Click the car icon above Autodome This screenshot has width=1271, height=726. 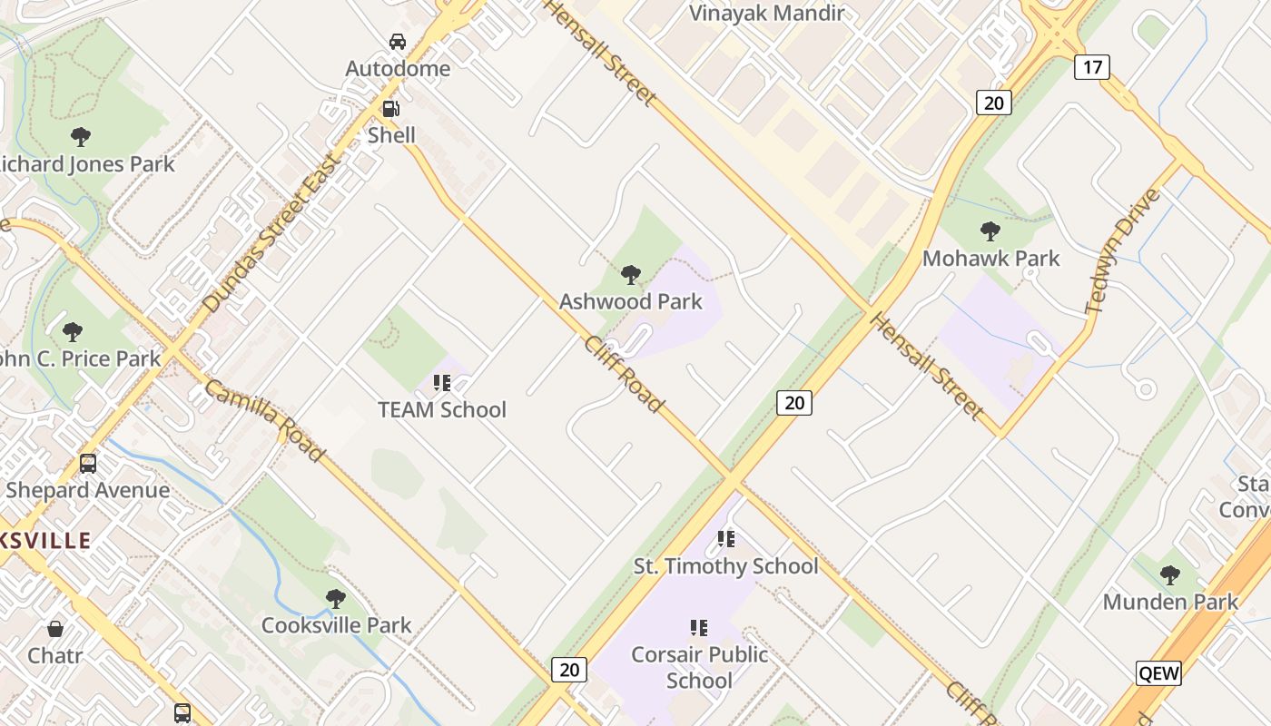398,41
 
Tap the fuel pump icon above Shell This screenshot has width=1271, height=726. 391,109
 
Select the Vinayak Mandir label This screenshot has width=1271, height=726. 767,14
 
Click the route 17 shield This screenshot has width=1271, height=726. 1092,66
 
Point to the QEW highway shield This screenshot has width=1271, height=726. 1159,672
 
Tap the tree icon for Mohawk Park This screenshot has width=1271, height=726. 990,231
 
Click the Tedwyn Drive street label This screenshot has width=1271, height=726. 1124,250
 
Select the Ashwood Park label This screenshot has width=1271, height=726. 631,301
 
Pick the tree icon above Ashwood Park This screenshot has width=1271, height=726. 631,274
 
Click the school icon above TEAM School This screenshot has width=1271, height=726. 442,383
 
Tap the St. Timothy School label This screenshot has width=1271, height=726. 726,566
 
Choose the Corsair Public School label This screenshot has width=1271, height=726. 700,667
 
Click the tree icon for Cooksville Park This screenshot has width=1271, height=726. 336,599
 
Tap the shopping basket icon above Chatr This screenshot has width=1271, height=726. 55,629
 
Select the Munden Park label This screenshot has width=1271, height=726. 1170,602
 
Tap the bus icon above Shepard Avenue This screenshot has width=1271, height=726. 88,464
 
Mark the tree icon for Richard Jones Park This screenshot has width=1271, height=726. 81,137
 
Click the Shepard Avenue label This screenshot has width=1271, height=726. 88,490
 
